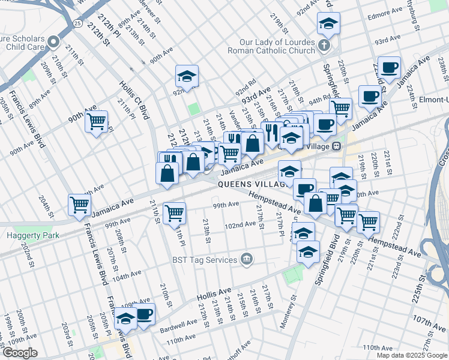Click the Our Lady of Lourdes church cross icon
click(324, 46)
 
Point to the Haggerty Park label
click(33, 236)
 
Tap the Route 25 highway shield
click(77, 23)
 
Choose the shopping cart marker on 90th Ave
click(96, 122)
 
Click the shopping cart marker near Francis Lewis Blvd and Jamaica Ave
click(79, 205)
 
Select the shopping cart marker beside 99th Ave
click(174, 211)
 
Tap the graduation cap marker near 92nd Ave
click(187, 76)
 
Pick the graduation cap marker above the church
click(328, 24)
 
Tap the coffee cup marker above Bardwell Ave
click(144, 314)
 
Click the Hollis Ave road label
click(215, 295)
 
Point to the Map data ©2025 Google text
click(411, 355)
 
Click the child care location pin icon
click(53, 42)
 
